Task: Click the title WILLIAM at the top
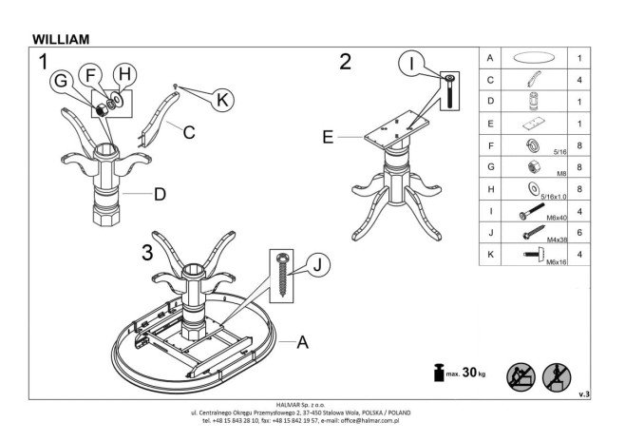(x=61, y=39)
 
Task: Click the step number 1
(x=43, y=63)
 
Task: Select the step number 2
(x=345, y=62)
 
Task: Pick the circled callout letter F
(x=89, y=74)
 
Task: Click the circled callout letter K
(x=221, y=98)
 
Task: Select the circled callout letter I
(x=411, y=65)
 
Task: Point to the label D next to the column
(x=160, y=196)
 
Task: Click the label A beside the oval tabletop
(x=302, y=343)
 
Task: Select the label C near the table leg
(x=189, y=133)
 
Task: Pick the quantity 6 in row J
(x=579, y=231)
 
